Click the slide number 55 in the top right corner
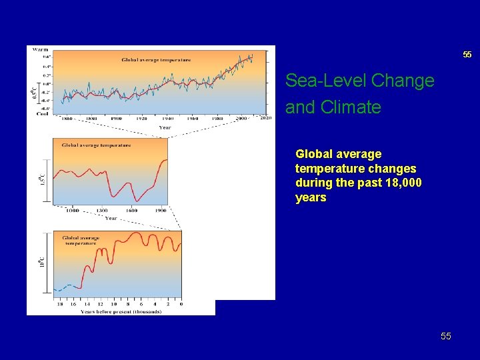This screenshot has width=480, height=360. point(467,55)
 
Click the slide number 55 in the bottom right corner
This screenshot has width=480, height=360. point(445,337)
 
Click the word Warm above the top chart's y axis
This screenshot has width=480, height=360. point(40,49)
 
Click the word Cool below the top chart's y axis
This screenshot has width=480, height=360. point(41,113)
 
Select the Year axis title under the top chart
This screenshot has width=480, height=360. point(165,127)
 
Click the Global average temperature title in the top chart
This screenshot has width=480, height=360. point(156,60)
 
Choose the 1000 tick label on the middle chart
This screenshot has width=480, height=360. point(71,210)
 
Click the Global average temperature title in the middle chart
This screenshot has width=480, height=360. point(96,145)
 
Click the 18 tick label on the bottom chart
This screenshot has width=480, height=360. point(61,304)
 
